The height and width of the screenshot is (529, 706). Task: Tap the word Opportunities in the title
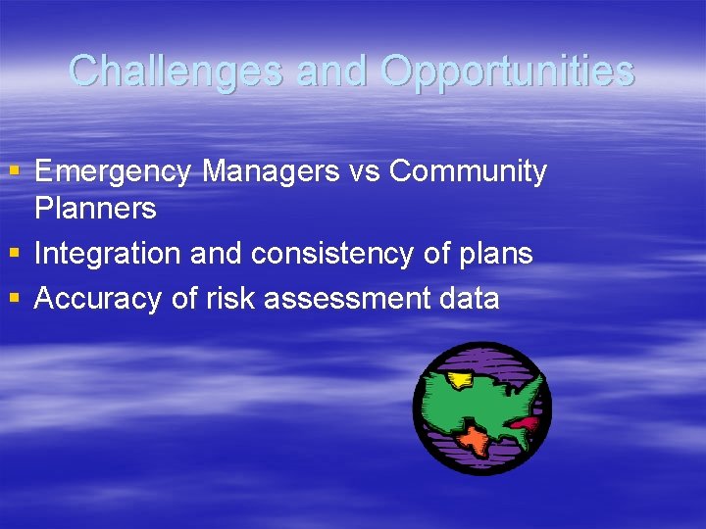coord(507,71)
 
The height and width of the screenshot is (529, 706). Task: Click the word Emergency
coord(114,171)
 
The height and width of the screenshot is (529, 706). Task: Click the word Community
coord(468,171)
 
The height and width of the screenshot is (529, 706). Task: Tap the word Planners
coord(95,208)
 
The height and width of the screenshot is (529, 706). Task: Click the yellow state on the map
coord(458,380)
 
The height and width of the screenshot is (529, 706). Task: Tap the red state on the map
coord(526,424)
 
